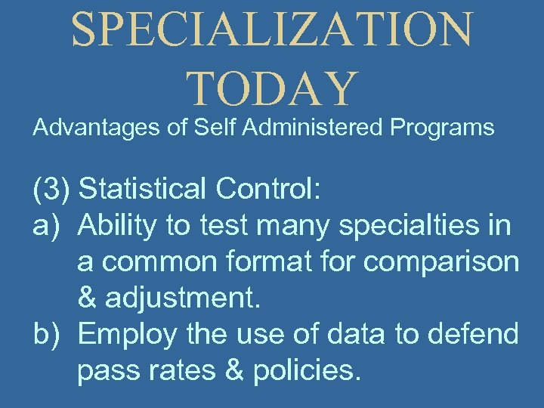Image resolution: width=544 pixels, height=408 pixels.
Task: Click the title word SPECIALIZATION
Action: [x=272, y=30]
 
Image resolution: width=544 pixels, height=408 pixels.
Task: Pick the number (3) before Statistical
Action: [x=51, y=190]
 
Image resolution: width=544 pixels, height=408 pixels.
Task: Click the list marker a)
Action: [x=46, y=225]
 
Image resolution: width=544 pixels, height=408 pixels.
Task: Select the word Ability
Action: [x=115, y=225]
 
